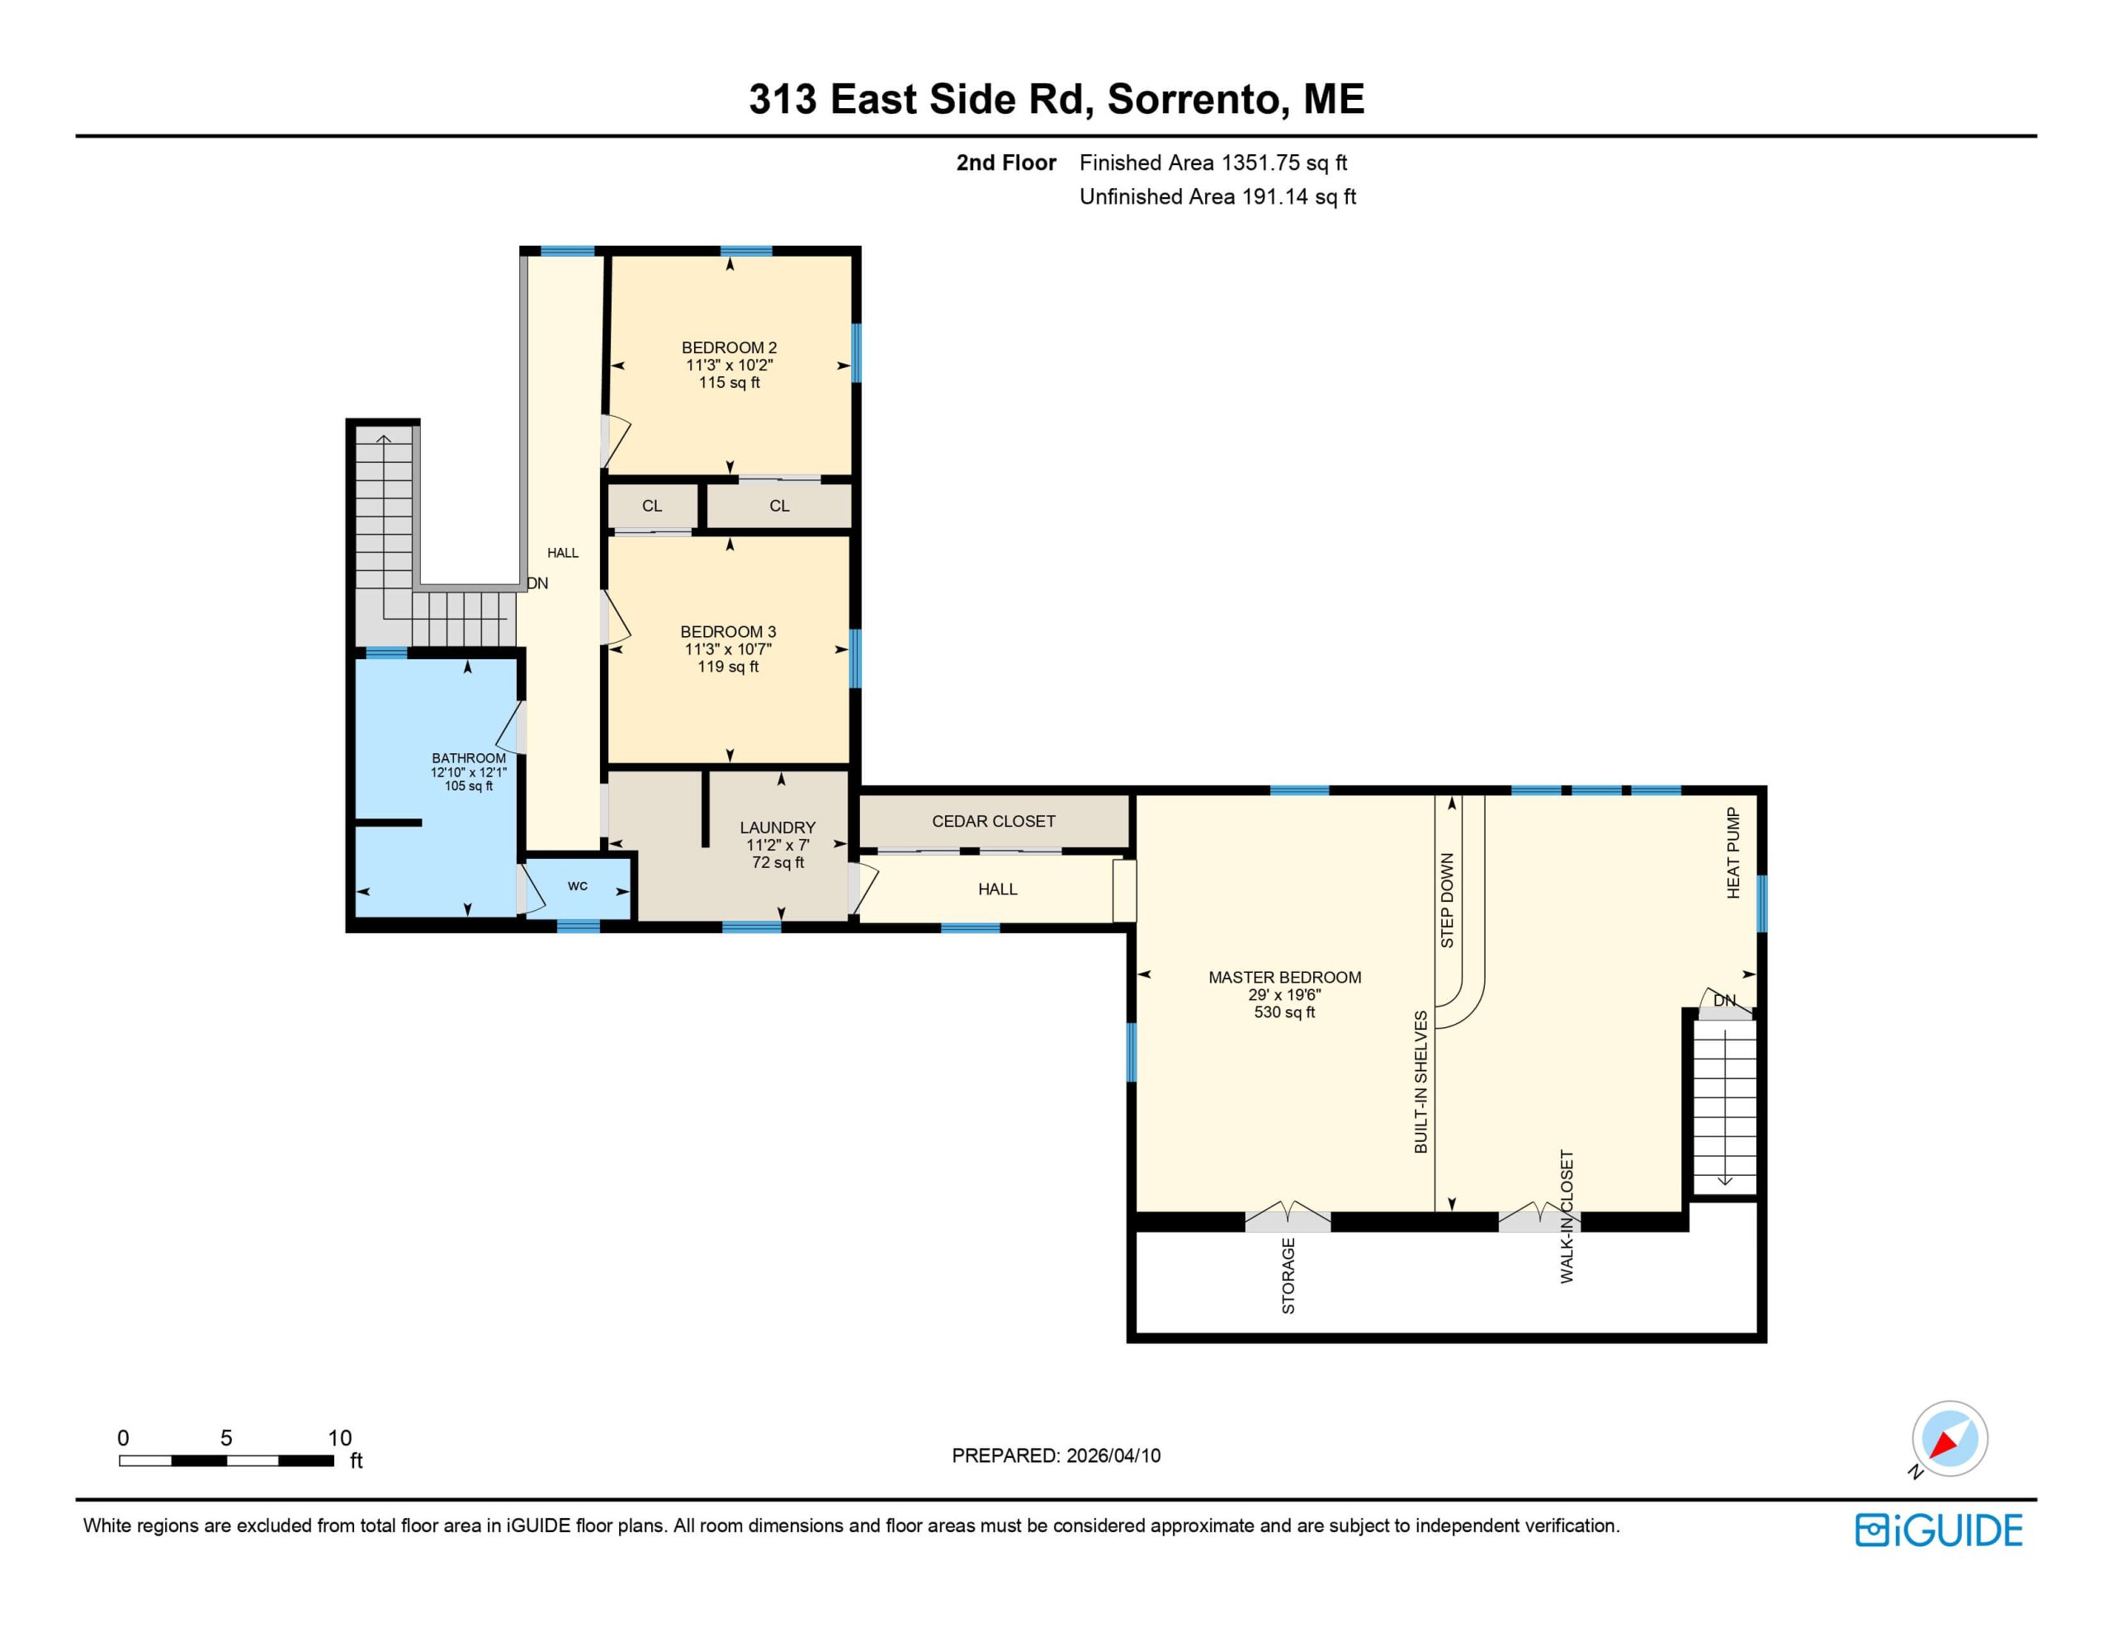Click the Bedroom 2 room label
730,347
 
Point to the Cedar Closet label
994,821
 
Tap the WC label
578,885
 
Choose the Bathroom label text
468,758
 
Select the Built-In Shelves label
1421,1082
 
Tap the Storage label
1288,1276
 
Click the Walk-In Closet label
1567,1216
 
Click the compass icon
1949,1440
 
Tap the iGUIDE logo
1939,1531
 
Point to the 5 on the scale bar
226,1437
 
